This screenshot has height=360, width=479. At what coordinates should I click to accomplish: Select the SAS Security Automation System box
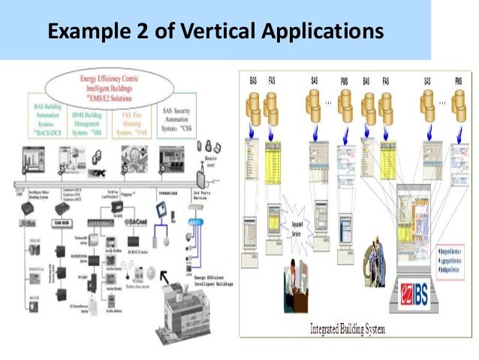179,119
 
